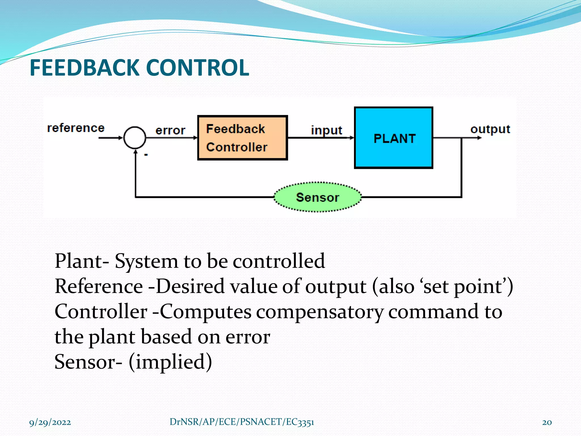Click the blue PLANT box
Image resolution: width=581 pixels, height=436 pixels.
coord(393,138)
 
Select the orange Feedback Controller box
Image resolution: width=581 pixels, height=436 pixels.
coord(243,138)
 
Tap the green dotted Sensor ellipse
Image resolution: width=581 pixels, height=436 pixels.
coord(317,197)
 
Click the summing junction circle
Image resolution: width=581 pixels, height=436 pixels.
coord(135,138)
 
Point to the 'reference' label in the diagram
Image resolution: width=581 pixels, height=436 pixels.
coord(76,128)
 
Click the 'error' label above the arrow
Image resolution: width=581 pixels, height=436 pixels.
coord(170,131)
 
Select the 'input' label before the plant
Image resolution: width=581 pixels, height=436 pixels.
coord(327,130)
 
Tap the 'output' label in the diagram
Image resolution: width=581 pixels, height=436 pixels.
coord(490,129)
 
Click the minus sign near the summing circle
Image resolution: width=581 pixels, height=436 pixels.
coord(146,155)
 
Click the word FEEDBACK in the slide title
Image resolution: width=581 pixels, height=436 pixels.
coord(84,68)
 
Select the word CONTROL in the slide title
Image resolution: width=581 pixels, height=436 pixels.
coord(197,68)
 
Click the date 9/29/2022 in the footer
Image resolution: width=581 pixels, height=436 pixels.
coord(50,422)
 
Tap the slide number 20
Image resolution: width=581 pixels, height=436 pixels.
coord(547,422)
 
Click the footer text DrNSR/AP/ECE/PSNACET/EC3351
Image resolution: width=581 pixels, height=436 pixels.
coord(242,422)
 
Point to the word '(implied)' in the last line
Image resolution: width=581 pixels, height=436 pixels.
coord(170,362)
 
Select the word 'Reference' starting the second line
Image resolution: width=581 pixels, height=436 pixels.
coord(99,286)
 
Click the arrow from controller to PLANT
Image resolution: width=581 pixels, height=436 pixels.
coord(321,138)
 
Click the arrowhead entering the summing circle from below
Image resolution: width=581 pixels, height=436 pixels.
coord(136,153)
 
